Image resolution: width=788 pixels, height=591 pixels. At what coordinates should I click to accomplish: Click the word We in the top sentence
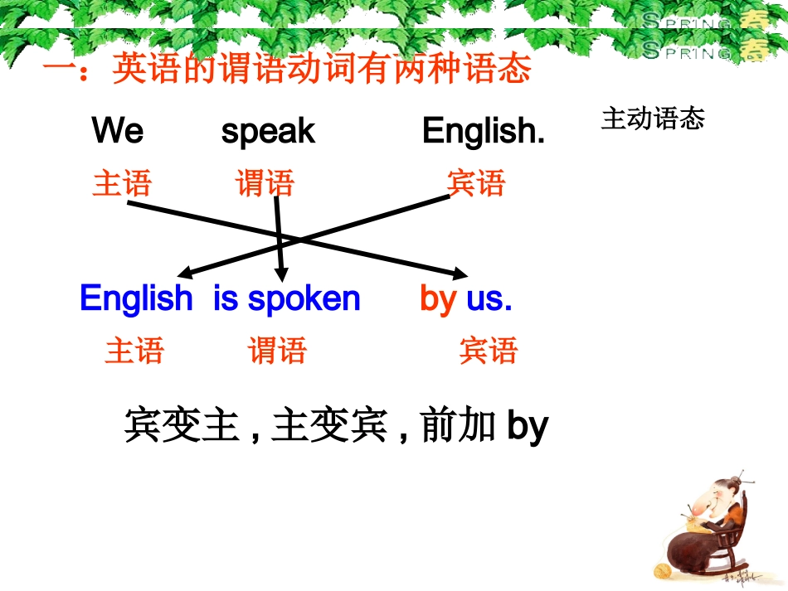point(117,131)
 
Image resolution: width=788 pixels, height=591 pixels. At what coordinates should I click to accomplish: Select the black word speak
point(268,131)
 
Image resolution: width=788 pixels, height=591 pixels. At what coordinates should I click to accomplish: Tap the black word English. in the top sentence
point(483,131)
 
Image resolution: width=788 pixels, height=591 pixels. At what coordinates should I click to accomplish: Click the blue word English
point(136,298)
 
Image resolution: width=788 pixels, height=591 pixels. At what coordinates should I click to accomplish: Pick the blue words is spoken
point(287,298)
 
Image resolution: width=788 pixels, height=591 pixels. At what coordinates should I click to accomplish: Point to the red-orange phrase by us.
point(466,298)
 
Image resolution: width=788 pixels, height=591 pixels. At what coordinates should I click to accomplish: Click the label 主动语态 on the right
point(653,119)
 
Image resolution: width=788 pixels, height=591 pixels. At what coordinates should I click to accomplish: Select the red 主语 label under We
point(122,183)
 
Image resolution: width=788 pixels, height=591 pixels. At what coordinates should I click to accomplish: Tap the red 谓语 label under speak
point(265,183)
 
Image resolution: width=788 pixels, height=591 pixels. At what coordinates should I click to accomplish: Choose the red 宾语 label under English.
point(475,183)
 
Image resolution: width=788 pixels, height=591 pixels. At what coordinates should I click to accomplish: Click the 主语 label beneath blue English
point(134,351)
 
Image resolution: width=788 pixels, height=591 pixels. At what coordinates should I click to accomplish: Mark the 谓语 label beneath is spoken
point(277,351)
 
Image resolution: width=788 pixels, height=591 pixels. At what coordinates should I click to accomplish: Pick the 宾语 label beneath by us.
point(488,351)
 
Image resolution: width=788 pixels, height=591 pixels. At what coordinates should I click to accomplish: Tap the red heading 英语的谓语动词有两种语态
point(321,69)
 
